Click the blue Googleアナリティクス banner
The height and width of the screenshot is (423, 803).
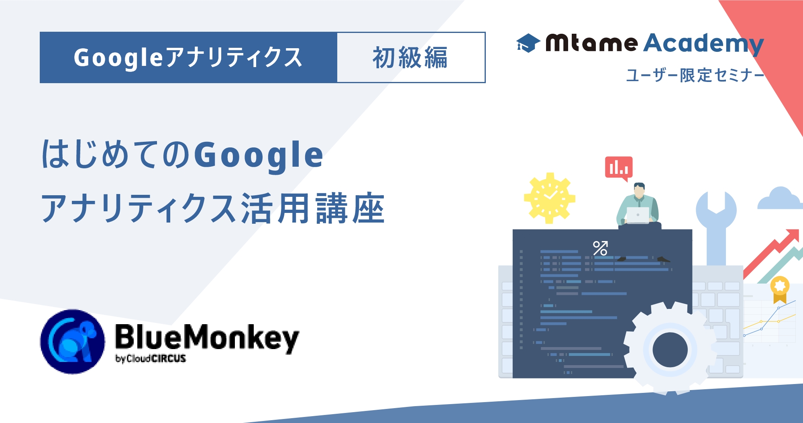pyautogui.click(x=188, y=57)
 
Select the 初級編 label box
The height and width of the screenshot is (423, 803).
pyautogui.click(x=411, y=57)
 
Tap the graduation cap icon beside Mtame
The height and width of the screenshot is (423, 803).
pyautogui.click(x=528, y=43)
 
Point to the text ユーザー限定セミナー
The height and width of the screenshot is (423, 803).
pyautogui.click(x=695, y=75)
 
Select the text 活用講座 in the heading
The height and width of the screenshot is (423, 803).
pyautogui.click(x=313, y=208)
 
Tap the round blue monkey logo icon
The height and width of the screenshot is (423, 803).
pyautogui.click(x=72, y=341)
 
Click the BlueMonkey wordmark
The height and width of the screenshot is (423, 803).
pyautogui.click(x=207, y=338)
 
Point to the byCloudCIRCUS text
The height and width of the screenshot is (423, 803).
pyautogui.click(x=151, y=358)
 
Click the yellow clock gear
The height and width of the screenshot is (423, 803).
pyautogui.click(x=550, y=198)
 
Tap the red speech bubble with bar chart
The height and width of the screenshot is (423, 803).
pyautogui.click(x=619, y=168)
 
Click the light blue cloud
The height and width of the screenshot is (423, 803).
pyautogui.click(x=780, y=198)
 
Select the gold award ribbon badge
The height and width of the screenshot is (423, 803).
pyautogui.click(x=780, y=289)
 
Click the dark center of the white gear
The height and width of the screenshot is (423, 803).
pyautogui.click(x=670, y=349)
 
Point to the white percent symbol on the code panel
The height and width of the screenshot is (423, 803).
pyautogui.click(x=600, y=248)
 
